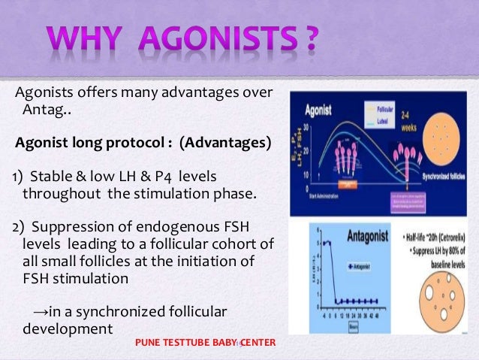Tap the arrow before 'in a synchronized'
click(x=41, y=313)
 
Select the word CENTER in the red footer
click(x=258, y=343)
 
